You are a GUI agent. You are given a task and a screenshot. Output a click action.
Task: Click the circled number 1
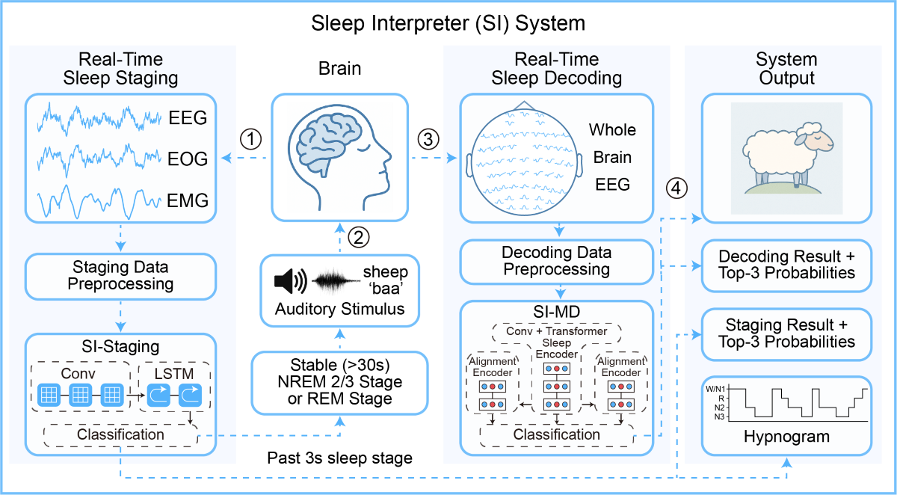(252, 139)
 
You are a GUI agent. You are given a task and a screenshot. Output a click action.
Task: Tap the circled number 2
(359, 238)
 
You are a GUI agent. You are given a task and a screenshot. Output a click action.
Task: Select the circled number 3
(427, 139)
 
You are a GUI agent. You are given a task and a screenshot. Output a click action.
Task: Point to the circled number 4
(675, 188)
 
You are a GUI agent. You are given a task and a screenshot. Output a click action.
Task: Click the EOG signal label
(188, 159)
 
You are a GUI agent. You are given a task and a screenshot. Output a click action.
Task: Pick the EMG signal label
(188, 200)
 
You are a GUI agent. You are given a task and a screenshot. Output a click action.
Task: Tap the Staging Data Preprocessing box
(120, 275)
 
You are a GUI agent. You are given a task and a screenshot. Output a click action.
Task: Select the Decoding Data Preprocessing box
(556, 261)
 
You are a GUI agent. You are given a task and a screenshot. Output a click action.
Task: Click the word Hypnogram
(786, 437)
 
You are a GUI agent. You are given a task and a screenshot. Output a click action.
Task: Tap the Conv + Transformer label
(557, 331)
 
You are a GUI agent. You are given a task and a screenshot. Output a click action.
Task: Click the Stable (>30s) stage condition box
(340, 382)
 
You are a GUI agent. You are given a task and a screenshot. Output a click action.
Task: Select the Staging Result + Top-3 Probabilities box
(786, 333)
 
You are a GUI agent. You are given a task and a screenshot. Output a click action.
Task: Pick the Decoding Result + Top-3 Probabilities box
(786, 265)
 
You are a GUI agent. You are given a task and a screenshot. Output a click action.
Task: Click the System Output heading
(786, 68)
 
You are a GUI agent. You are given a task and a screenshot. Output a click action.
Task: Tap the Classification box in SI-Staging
(120, 434)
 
